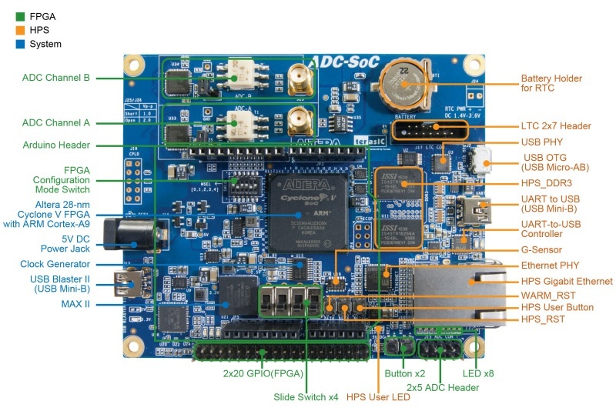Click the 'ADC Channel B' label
click(x=56, y=78)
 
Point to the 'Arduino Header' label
click(x=56, y=145)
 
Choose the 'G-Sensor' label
click(x=541, y=250)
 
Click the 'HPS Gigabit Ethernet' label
click(x=567, y=282)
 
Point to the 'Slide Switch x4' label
click(x=306, y=397)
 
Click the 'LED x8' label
click(x=484, y=373)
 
